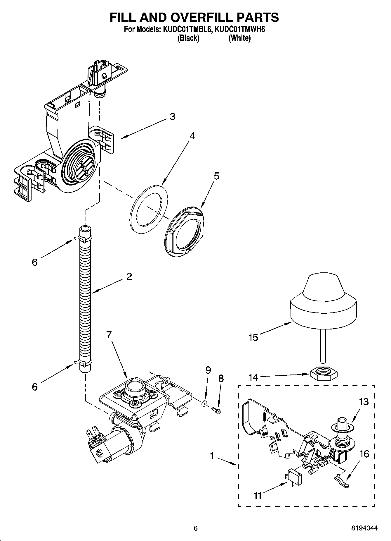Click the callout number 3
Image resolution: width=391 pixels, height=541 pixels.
coord(172,117)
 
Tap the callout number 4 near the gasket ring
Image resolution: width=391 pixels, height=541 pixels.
coord(192,136)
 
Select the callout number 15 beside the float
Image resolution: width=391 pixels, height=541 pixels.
coord(253,337)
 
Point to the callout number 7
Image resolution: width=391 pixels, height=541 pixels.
coord(109,335)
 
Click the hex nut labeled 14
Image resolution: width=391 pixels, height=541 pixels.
coord(323,374)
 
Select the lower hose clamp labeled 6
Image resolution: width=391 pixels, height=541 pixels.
coord(83,363)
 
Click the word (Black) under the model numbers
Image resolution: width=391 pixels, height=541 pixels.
coord(188,38)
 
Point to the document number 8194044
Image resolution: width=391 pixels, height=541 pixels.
coord(364,528)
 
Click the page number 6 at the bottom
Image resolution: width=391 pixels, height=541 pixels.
coord(196,528)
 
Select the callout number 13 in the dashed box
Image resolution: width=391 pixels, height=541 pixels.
coord(364,402)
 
